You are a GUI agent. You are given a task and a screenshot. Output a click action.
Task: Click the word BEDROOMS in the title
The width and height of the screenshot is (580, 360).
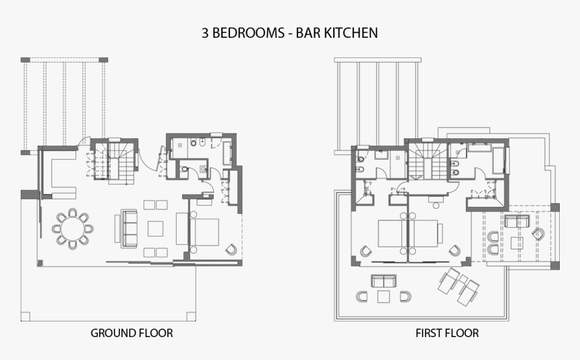pos(243,32)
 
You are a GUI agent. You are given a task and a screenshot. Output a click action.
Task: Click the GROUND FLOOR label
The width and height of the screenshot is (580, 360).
pos(132,333)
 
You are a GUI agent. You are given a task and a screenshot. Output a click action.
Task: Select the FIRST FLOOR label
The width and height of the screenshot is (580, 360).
pos(447,333)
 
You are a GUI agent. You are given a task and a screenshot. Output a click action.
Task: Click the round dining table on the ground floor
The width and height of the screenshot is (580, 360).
pos(72,229)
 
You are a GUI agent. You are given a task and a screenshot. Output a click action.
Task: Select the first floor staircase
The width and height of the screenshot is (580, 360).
pos(424,161)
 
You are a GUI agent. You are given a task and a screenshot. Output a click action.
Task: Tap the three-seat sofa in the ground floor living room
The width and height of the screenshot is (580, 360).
pos(129,228)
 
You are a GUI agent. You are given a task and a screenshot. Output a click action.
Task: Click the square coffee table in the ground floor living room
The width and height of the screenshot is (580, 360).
pos(156,229)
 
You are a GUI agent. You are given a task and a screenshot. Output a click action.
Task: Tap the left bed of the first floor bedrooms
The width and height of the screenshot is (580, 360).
pos(391,234)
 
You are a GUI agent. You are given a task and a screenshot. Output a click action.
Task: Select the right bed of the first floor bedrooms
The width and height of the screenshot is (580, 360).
pos(426,234)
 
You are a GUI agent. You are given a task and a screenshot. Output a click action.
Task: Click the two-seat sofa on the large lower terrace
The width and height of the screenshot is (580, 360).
pos(383,280)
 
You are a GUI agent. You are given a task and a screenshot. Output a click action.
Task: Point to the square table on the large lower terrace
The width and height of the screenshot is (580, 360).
pos(384,296)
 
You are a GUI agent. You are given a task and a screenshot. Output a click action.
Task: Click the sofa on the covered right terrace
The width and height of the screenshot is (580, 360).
pos(517,222)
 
